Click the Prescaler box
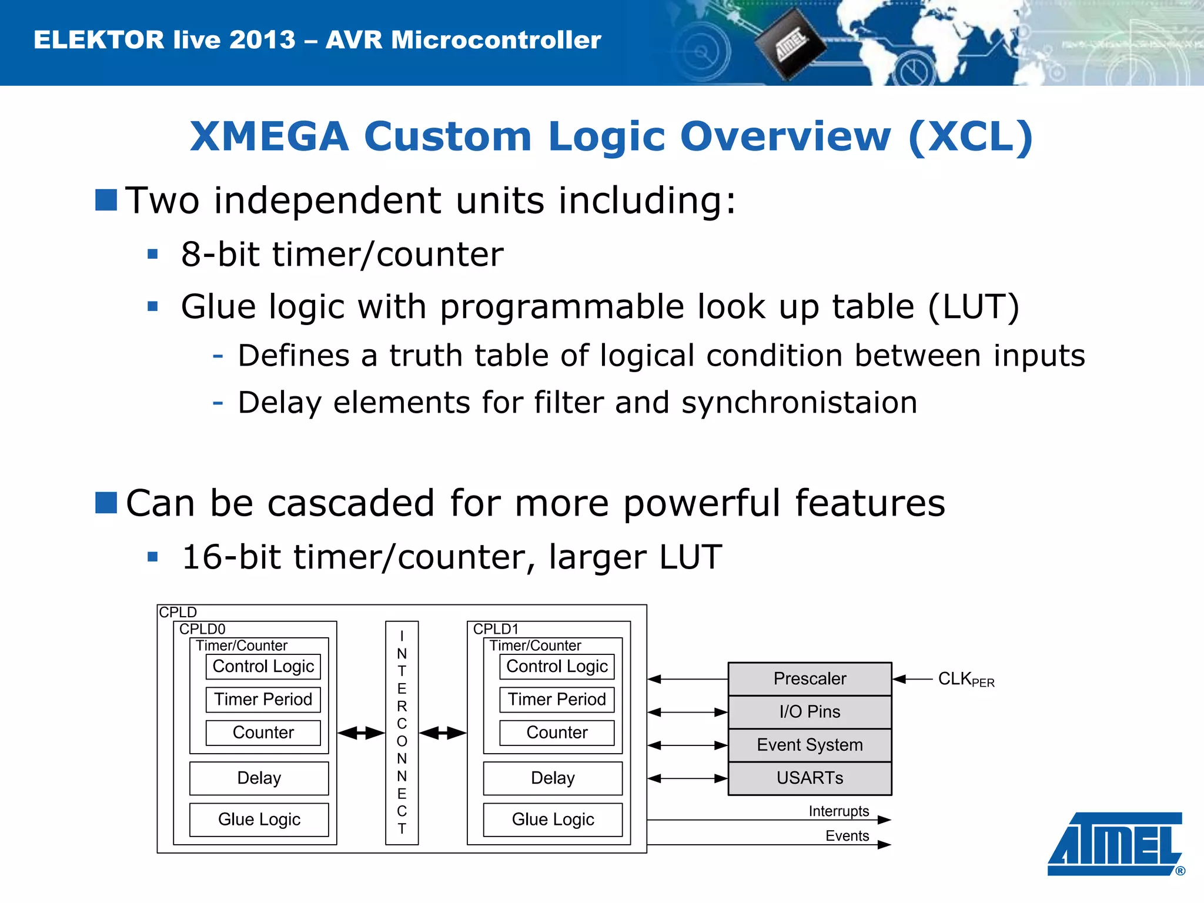point(810,679)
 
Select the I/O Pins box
point(810,712)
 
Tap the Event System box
point(810,745)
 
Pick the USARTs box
point(810,778)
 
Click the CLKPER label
point(965,680)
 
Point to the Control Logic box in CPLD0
point(263,667)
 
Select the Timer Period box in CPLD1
point(556,700)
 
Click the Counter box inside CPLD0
point(263,733)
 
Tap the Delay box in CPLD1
point(553,778)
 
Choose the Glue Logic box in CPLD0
point(259,820)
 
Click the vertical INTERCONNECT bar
point(402,733)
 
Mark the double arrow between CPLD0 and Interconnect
point(361,733)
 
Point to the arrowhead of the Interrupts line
point(885,820)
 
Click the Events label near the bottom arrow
point(847,836)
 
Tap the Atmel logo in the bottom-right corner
point(1115,844)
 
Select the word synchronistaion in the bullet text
point(799,403)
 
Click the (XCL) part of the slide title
point(970,136)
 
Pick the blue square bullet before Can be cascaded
point(106,503)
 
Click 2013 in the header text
point(262,40)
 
